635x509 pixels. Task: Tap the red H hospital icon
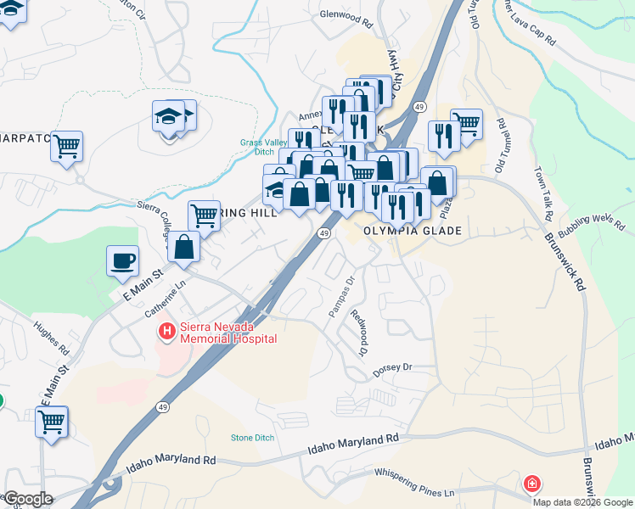tap(166, 331)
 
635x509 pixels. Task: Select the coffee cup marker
tap(123, 260)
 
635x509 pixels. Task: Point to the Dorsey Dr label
tap(391, 369)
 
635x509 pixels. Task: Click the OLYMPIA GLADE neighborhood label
tap(413, 231)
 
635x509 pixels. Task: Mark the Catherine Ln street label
tap(165, 301)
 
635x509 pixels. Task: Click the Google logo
tap(27, 499)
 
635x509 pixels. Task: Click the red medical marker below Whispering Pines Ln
tap(531, 484)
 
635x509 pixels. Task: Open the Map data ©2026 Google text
tap(583, 501)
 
